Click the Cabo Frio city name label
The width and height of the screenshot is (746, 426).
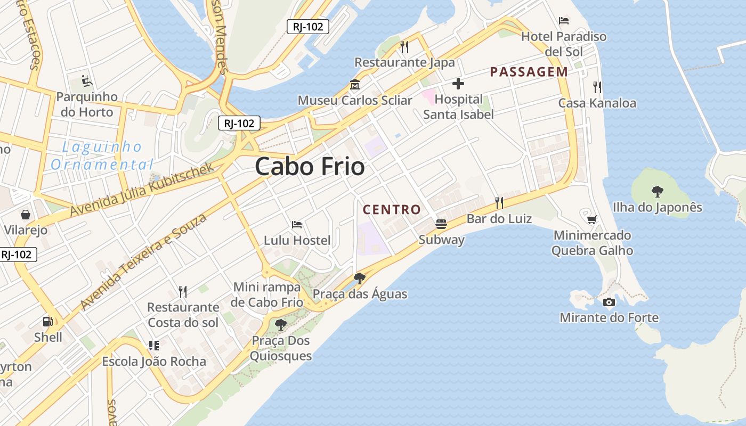[x=310, y=167]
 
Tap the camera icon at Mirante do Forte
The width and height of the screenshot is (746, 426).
[x=609, y=302]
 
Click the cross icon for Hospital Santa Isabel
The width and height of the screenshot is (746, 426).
[x=458, y=84]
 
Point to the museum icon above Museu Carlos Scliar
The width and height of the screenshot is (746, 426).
[x=354, y=85]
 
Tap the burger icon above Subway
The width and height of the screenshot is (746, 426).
[x=441, y=224]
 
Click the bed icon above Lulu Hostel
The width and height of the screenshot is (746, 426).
[x=297, y=225]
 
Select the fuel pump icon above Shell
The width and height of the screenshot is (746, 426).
[x=48, y=322]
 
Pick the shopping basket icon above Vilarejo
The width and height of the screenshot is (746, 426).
[x=26, y=215]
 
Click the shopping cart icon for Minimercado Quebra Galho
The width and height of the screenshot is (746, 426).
[x=591, y=219]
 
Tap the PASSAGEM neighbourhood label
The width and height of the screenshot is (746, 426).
[x=529, y=72]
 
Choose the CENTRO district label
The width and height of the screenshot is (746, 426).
[x=392, y=210]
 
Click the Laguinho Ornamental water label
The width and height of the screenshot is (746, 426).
[x=102, y=155]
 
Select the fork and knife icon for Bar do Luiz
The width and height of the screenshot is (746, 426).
[x=499, y=203]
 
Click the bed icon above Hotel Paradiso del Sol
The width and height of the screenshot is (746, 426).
[x=564, y=21]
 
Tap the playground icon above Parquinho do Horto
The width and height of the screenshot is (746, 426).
[x=86, y=81]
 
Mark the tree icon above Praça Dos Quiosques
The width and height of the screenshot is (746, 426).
[x=280, y=324]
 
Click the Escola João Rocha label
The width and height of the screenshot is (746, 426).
[x=154, y=362]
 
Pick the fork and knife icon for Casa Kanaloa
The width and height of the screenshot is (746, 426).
[x=597, y=87]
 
